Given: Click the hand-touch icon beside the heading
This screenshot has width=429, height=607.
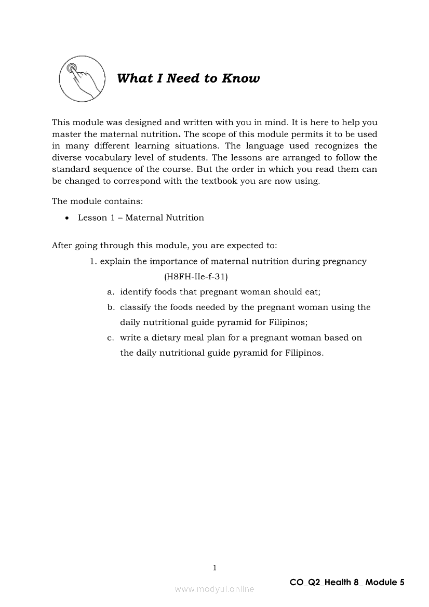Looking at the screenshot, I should pos(80,79).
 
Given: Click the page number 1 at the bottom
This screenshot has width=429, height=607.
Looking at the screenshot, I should pos(214,568).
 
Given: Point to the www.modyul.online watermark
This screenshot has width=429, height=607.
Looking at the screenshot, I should pos(214,589).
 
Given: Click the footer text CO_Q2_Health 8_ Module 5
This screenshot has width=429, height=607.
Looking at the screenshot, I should pos(347,582).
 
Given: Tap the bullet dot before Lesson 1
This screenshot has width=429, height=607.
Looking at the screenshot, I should pos(67,218).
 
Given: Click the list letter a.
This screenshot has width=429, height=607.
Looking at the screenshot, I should pos(110,292).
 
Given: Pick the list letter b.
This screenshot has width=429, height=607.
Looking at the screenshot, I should pos(110,307).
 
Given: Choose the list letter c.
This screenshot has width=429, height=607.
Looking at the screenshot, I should pos(110,338).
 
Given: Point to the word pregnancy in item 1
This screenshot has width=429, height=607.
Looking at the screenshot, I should pos(344,261).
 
